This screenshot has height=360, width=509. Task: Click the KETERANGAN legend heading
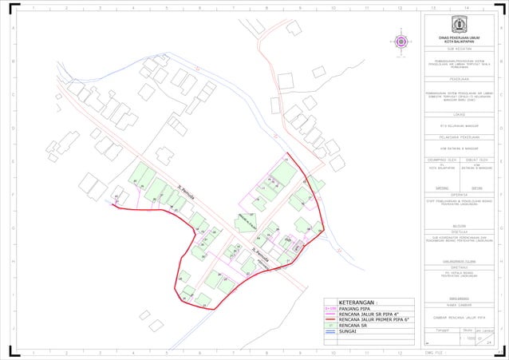click(x=357, y=303)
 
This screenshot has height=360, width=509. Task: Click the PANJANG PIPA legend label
click(x=354, y=309)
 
